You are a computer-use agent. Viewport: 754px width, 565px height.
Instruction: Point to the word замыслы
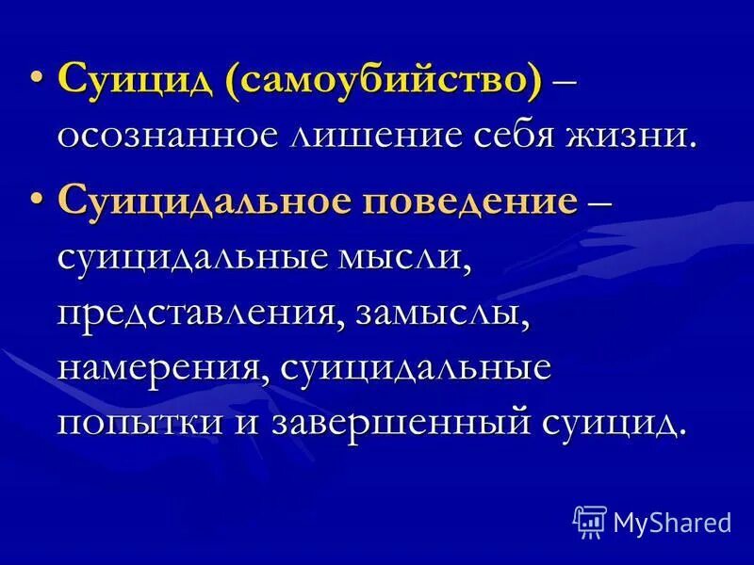[x=443, y=312]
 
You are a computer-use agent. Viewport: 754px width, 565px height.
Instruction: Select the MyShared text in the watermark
[x=672, y=521]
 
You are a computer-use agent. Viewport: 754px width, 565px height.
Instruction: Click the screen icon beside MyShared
[x=589, y=521]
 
